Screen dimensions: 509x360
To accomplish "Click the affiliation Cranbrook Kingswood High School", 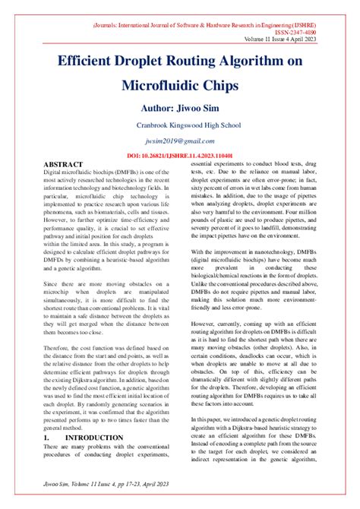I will click(178, 125).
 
